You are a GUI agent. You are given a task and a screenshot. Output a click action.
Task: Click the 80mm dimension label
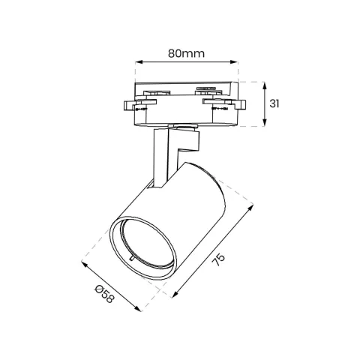[186, 53]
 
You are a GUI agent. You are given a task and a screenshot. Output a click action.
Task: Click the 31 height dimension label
[274, 103]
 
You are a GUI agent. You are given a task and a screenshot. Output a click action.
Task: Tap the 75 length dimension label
[218, 260]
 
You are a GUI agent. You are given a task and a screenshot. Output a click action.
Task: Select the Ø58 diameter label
[104, 294]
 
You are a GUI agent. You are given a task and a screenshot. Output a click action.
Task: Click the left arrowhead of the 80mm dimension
[139, 61]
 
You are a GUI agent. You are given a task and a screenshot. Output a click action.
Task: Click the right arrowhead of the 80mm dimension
[234, 61]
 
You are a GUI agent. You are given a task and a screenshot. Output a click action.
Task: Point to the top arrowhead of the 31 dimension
[265, 85]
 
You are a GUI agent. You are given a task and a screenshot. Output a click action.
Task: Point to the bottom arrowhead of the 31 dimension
[265, 122]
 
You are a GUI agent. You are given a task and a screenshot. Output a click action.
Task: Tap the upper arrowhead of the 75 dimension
[250, 207]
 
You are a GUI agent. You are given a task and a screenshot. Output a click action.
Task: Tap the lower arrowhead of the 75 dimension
[175, 295]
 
